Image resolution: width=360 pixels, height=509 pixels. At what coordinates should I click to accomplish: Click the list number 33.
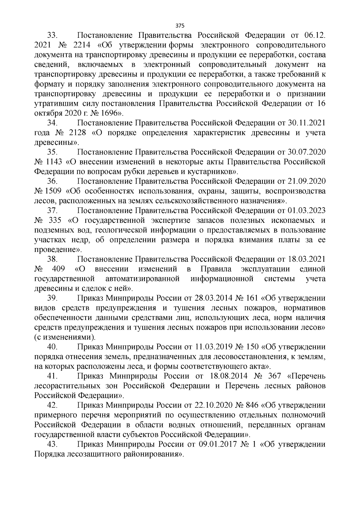coord(52,36)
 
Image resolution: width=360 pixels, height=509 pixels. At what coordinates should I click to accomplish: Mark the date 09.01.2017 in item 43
coord(218,444)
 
